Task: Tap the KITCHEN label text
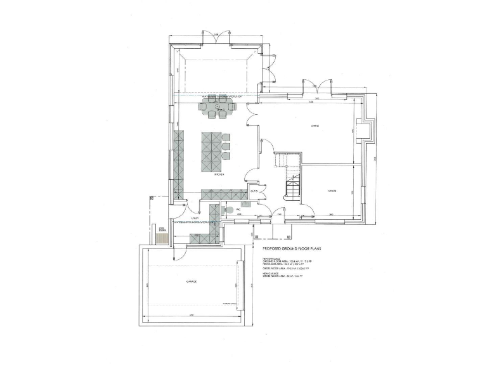219,174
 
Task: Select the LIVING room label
314,126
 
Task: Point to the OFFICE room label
331,191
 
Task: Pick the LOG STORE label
162,229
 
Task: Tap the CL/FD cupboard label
253,191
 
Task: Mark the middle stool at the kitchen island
226,146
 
